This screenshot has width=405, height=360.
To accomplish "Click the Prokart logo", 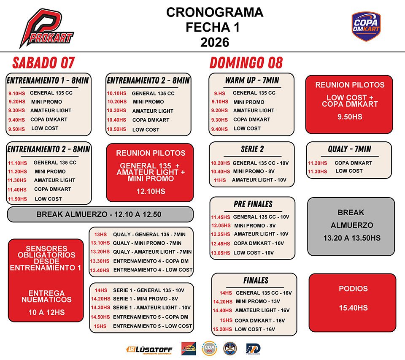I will click(x=46, y=29).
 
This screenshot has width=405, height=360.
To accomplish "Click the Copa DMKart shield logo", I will click(x=366, y=27).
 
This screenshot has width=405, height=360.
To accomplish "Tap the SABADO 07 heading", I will click(x=43, y=63).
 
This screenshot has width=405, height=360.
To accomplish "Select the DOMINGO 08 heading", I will click(x=246, y=63).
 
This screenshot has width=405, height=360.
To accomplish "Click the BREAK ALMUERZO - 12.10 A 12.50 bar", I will click(x=100, y=214).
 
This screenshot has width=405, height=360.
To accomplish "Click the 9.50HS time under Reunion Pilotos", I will click(x=350, y=117).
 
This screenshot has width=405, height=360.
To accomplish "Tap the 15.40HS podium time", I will click(x=353, y=308).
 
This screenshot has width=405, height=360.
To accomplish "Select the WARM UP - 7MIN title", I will click(x=252, y=80).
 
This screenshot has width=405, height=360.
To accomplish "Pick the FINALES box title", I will click(x=256, y=280).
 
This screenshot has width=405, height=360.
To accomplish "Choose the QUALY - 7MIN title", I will click(x=349, y=149).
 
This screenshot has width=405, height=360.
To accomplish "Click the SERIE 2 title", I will click(x=252, y=149).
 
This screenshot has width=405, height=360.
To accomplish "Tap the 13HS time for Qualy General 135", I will click(x=100, y=235).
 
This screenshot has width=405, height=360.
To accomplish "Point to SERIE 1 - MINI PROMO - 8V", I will click(x=145, y=299).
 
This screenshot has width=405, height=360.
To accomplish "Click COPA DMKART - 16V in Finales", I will click(x=259, y=321).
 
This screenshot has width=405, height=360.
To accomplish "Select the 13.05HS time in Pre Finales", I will click(x=221, y=253).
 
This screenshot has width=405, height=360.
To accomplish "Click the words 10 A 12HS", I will click(x=46, y=313).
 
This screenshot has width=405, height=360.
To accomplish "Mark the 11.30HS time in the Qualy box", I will click(x=317, y=171).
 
